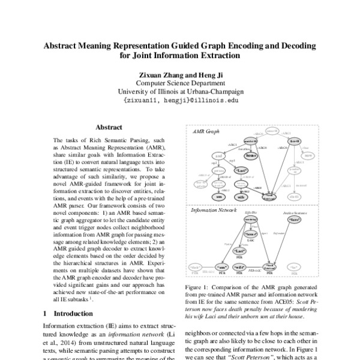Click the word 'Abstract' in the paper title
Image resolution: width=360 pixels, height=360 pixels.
click(62, 46)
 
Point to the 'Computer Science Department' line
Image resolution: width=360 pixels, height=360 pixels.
click(180, 83)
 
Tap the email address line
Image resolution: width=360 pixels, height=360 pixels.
click(180, 101)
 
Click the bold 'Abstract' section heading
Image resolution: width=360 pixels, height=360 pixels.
click(109, 127)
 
